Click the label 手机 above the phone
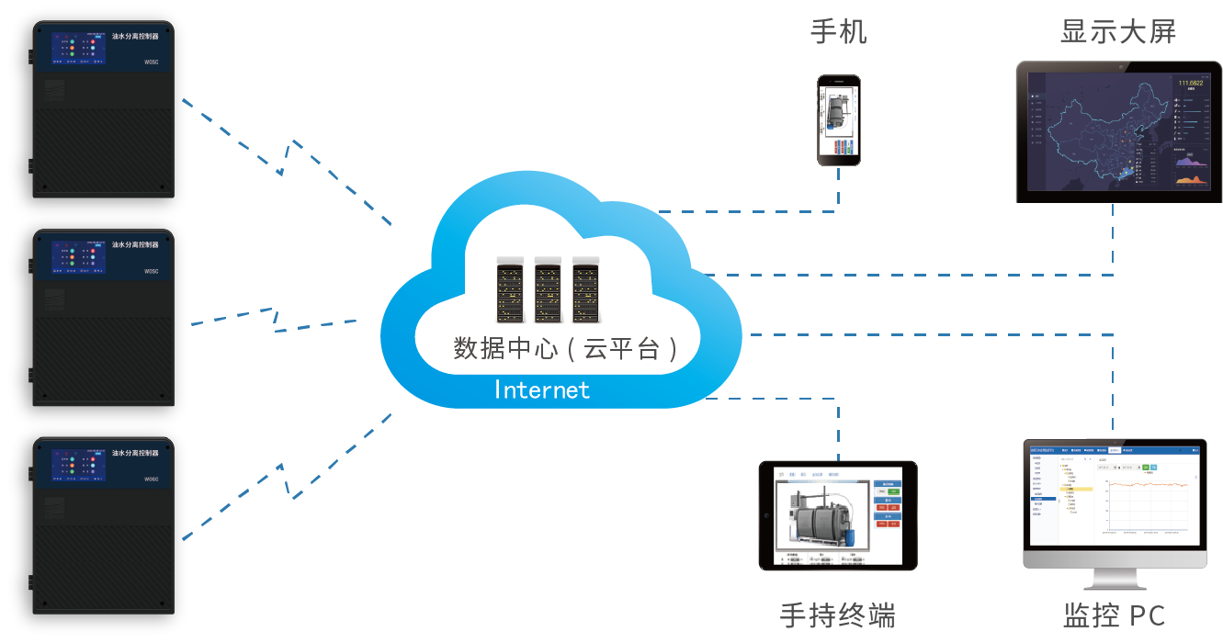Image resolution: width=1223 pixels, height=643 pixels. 838,33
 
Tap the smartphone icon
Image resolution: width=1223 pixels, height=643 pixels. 839,120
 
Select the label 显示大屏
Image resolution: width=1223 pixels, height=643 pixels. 1117,33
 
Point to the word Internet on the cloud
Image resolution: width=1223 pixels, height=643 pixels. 542,389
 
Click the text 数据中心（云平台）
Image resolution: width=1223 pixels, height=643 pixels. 567,348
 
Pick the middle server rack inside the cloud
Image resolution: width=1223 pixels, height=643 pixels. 548,289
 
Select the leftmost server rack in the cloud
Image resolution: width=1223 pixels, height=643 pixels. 510,289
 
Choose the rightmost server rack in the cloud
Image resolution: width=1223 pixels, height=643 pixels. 586,289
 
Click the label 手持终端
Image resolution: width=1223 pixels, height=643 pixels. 837,615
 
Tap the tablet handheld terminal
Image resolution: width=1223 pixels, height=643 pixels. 838,515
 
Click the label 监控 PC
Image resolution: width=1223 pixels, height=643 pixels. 1114,615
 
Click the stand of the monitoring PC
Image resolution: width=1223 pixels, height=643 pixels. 1114,579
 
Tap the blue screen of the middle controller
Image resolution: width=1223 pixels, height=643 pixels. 78,257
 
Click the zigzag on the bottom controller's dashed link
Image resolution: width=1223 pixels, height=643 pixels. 287,480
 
